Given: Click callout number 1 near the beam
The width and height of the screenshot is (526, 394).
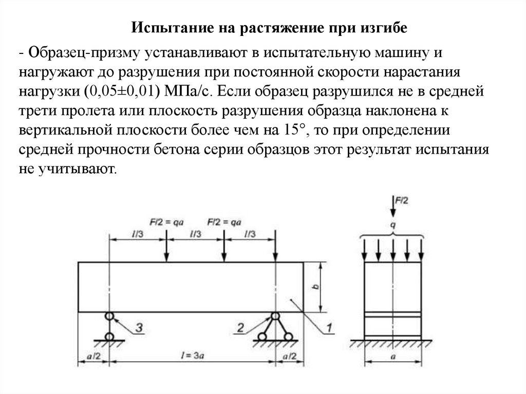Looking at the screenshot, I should point(329,326).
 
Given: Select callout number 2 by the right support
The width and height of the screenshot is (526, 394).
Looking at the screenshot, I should point(240,325).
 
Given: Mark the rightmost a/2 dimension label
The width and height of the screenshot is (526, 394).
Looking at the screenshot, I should point(290,355).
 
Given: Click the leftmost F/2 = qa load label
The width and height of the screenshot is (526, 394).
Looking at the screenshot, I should point(167,222).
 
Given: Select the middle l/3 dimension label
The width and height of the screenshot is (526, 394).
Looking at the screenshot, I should point(195,233).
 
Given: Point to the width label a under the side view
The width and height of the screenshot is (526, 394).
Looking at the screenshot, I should point(393,354).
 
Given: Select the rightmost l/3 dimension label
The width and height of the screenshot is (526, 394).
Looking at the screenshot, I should point(250,233).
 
